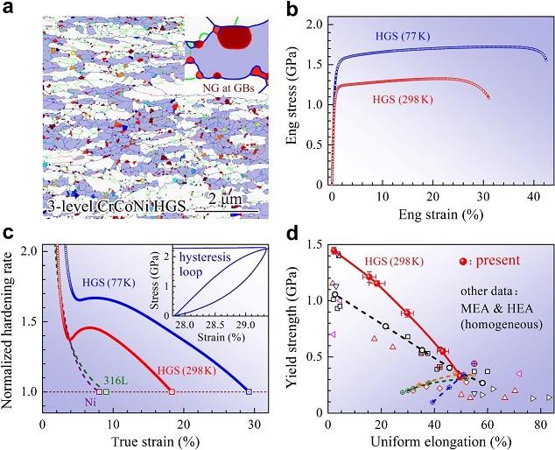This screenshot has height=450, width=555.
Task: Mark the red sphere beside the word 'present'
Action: coord(466,262)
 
